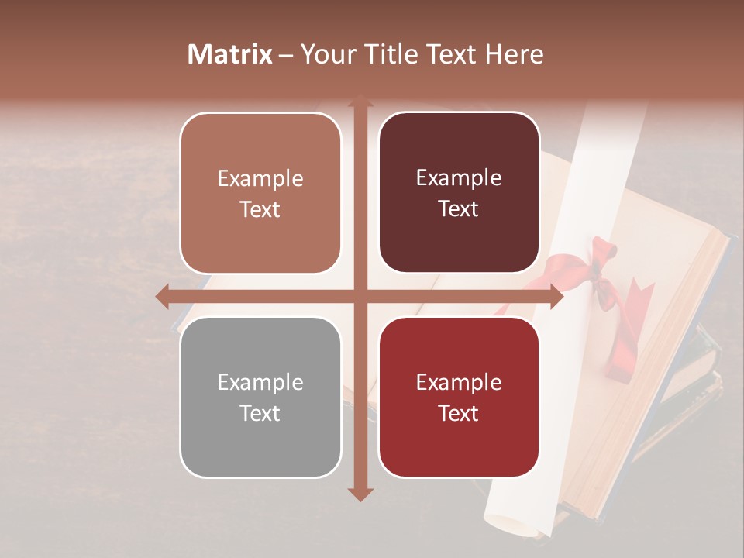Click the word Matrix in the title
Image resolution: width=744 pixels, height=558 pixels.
[230, 54]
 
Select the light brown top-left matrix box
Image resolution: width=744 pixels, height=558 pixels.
[260, 193]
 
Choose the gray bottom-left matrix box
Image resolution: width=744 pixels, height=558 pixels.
[260, 398]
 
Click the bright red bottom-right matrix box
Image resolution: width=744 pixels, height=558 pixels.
[459, 397]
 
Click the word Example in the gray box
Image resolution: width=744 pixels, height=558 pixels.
[260, 382]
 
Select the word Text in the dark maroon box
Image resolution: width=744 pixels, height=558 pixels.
[459, 208]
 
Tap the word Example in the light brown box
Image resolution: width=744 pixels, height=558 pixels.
[260, 178]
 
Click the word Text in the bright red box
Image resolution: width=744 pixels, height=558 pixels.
[459, 413]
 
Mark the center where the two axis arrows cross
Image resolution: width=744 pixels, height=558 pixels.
[360, 297]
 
